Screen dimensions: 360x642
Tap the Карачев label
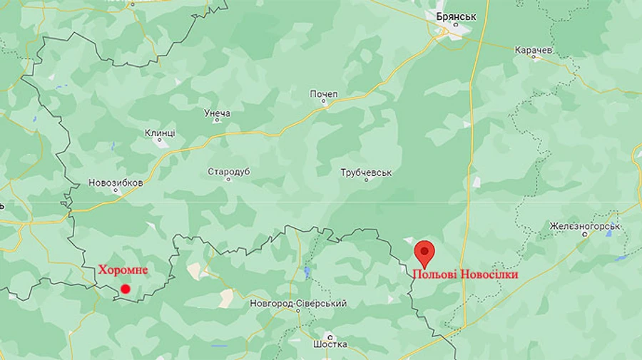coord(534,51)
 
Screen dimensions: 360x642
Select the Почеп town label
coord(324,94)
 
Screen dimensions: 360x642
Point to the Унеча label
coord(217,113)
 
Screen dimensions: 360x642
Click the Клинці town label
coord(160,133)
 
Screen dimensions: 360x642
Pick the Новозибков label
coord(116,182)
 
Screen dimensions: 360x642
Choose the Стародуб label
coord(229,172)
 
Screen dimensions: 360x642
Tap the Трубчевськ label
coord(367,173)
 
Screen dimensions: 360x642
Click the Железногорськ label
coord(586,227)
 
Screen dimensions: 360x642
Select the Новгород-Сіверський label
coord(298,304)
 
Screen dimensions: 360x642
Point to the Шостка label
coord(330,344)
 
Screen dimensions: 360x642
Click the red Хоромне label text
coord(123,270)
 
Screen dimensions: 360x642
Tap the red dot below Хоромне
coord(126,289)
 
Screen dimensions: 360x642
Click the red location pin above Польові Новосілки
coord(425,252)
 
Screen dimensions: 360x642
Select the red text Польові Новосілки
coord(464,274)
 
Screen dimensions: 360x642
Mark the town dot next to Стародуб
coord(229,180)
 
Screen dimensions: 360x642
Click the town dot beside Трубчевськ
coord(367,180)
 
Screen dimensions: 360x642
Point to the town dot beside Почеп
coord(324,102)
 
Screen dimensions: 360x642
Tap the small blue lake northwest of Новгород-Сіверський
coord(306,272)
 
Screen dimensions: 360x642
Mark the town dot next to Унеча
coord(217,120)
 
